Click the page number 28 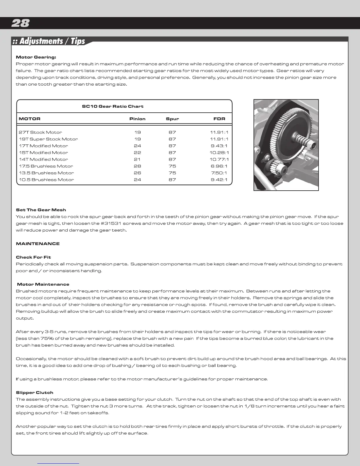pyautogui.click(x=20, y=23)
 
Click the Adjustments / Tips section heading pyautogui.click(x=49, y=41)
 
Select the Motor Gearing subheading pyautogui.click(x=36, y=57)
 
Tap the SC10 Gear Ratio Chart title pyautogui.click(x=113, y=106)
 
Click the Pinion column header pyautogui.click(x=137, y=119)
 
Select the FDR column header pyautogui.click(x=219, y=119)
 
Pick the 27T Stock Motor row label pyautogui.click(x=40, y=132)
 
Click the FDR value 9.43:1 pyautogui.click(x=219, y=146)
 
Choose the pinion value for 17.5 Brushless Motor pyautogui.click(x=137, y=166)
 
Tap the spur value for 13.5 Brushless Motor pyautogui.click(x=172, y=173)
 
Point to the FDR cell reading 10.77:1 pyautogui.click(x=219, y=159)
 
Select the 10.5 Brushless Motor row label pyautogui.click(x=46, y=180)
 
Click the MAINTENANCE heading pyautogui.click(x=38, y=244)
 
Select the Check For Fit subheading pyautogui.click(x=33, y=257)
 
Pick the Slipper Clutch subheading pyautogui.click(x=34, y=392)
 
